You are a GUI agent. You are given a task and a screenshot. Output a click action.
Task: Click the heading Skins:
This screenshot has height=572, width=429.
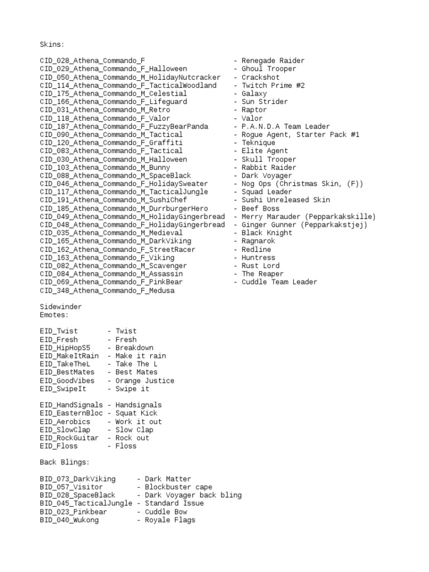(52, 44)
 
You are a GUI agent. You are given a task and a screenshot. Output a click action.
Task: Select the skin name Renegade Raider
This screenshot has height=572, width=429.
(273, 61)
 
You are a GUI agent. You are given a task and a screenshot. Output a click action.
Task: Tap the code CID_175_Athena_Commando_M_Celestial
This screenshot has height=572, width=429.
(113, 94)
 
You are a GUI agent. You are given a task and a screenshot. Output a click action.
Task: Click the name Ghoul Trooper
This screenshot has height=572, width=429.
(269, 69)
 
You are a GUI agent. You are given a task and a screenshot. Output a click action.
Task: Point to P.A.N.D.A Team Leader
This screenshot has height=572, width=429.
(285, 127)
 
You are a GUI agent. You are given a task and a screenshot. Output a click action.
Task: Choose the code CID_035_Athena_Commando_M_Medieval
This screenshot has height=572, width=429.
(111, 233)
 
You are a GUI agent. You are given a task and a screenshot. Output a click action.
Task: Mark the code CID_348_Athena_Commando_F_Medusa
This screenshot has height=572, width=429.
(107, 290)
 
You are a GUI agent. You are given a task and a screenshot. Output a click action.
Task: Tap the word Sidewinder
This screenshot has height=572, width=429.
(61, 307)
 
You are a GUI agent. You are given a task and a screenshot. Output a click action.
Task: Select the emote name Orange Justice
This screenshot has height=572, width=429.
(145, 381)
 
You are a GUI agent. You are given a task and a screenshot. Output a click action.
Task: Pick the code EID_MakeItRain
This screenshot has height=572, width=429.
(69, 356)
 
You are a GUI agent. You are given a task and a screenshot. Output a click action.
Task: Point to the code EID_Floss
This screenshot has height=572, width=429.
(59, 446)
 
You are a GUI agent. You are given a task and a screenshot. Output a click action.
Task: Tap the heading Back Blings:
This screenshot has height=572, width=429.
(65, 463)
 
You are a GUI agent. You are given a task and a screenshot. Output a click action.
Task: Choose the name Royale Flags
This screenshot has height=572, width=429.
(170, 520)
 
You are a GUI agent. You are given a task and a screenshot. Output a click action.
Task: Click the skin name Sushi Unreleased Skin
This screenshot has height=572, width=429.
(285, 200)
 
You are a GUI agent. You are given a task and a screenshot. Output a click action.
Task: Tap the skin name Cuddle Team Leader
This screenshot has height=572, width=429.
(279, 282)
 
